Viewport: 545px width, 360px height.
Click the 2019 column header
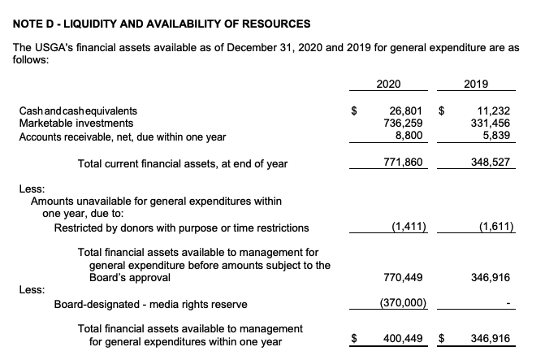tap(475, 83)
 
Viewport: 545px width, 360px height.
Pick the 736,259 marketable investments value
tap(403, 124)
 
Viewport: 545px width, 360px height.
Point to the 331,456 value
tap(490, 124)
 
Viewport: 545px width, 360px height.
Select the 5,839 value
tap(495, 137)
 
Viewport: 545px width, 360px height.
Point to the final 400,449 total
tap(403, 336)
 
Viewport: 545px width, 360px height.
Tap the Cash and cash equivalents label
tap(78, 111)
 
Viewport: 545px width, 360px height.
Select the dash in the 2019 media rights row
tap(507, 306)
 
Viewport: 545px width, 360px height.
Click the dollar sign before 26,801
tap(353, 111)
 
